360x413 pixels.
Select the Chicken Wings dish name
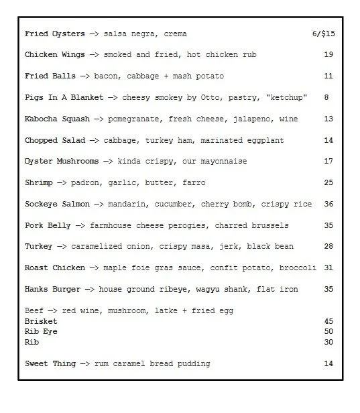point(55,55)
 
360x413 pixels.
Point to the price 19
point(328,55)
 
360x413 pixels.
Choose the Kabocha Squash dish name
point(58,119)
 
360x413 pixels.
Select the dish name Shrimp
point(38,183)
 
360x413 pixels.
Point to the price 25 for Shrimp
point(328,183)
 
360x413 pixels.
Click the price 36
point(328,204)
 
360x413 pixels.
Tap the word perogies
point(205,226)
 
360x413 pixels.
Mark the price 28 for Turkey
point(328,247)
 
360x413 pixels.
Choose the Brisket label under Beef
point(40,321)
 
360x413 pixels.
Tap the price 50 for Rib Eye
point(328,332)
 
